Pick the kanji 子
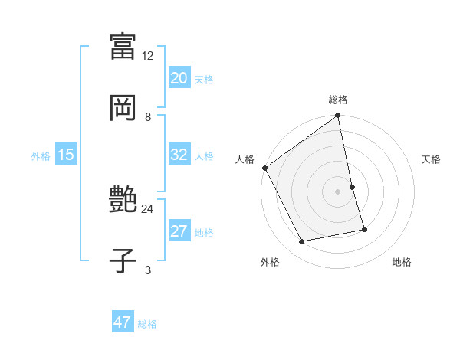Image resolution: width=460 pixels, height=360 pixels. coord(123,260)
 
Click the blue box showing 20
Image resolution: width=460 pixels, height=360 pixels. coord(179,78)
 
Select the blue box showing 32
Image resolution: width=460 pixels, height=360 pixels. coord(179,155)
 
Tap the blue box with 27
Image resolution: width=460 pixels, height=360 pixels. coord(179,231)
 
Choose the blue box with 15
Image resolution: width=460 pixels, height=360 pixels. coord(66,155)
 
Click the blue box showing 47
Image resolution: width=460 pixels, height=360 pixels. coord(123,322)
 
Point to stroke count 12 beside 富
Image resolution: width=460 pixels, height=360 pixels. coord(148,56)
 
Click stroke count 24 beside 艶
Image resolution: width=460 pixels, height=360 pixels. coord(148,208)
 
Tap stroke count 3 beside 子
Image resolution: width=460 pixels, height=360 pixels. coord(148,270)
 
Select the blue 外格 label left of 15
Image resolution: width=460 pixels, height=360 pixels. coord(41,155)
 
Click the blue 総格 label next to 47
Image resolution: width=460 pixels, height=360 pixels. coord(147,324)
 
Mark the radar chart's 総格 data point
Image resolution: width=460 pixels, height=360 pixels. coord(338,116)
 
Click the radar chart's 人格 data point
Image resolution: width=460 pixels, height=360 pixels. coord(265,168)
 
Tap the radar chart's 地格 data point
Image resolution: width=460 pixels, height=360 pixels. coord(364,229)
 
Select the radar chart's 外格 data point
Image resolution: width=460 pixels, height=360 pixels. coord(302,242)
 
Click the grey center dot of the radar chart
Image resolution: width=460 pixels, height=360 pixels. coord(338,191)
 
